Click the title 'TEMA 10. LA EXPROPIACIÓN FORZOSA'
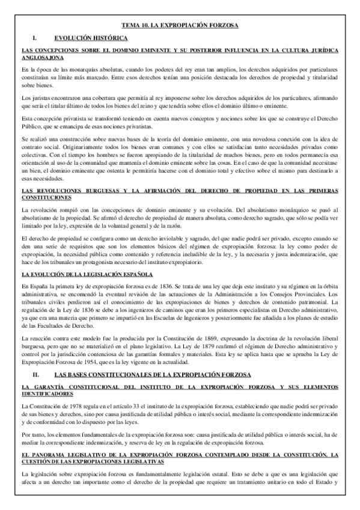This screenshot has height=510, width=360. (180, 26)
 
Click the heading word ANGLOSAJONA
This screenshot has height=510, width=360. (41, 58)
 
